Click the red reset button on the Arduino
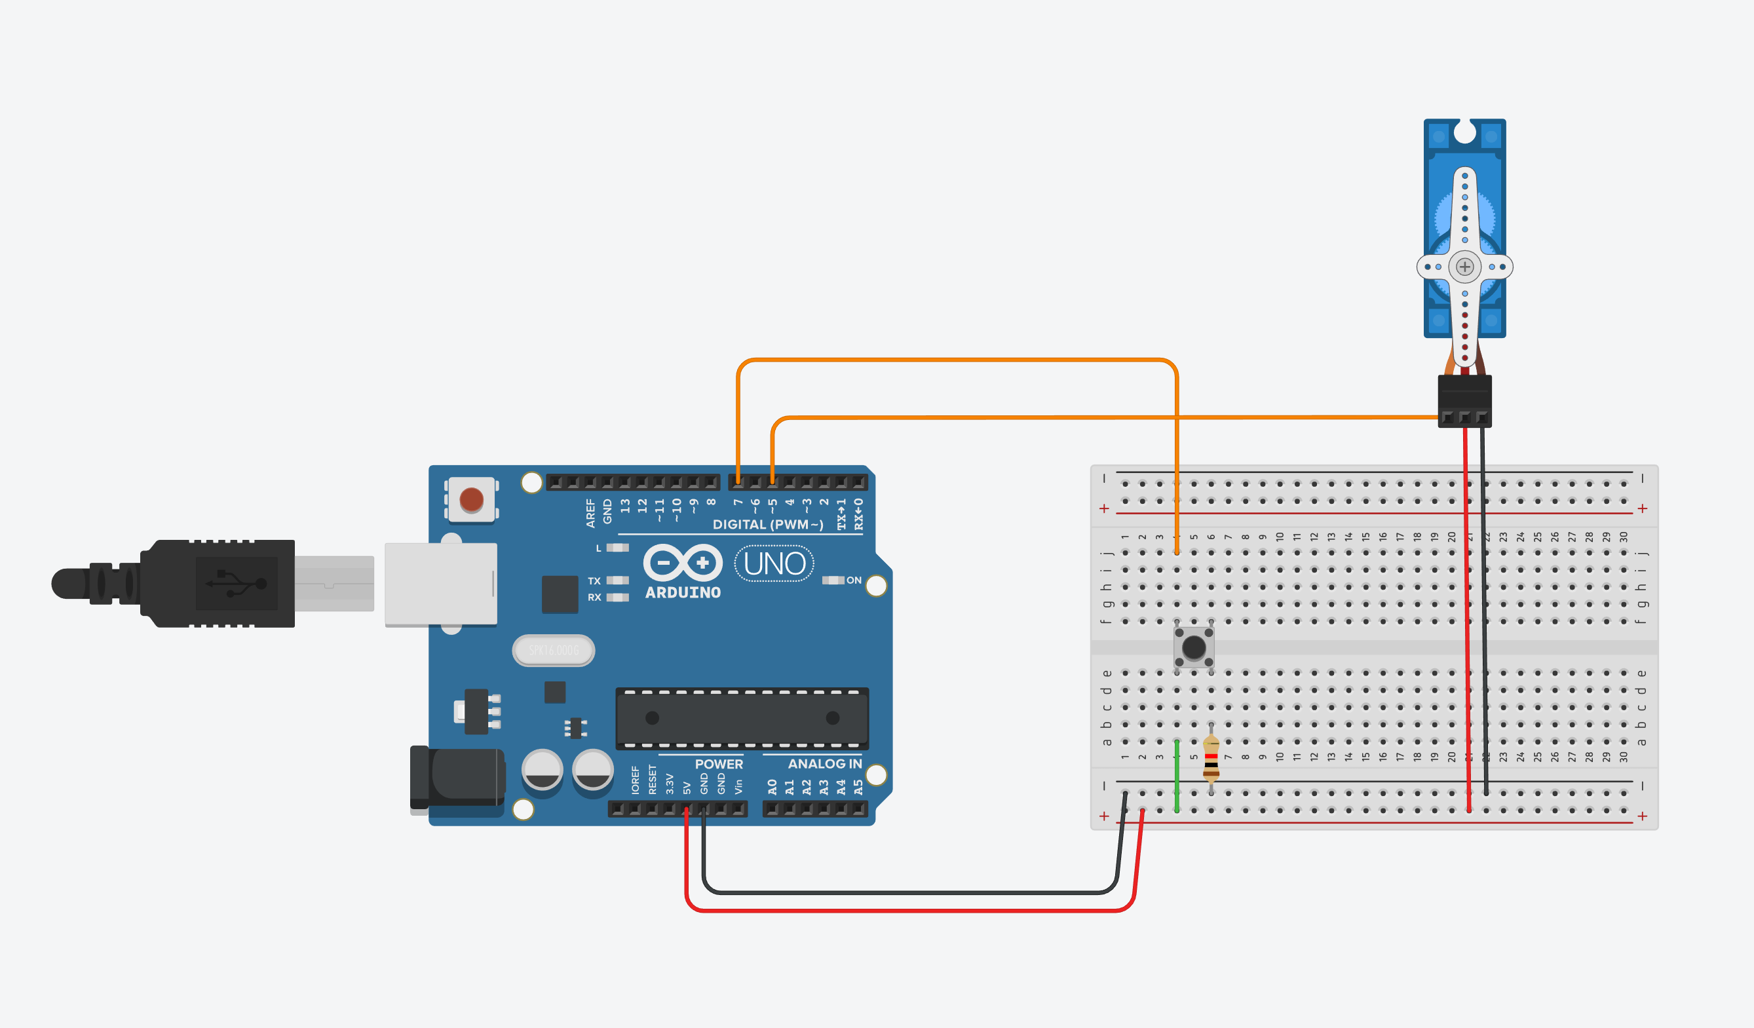coord(471,499)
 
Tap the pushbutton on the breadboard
coord(1194,647)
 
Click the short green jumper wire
coord(1177,776)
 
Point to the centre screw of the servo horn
coord(1464,267)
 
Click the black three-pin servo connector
coord(1464,400)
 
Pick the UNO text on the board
coord(774,563)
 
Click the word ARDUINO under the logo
coord(682,593)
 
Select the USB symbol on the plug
coord(237,583)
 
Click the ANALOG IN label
coord(824,763)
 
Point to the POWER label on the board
coord(718,763)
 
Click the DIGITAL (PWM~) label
coord(767,525)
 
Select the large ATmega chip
coord(742,717)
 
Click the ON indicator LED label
coord(853,581)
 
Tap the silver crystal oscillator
coord(554,650)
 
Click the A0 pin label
coord(772,787)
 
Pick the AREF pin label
coord(590,512)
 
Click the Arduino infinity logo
coord(682,562)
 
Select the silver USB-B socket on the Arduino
coord(440,584)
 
